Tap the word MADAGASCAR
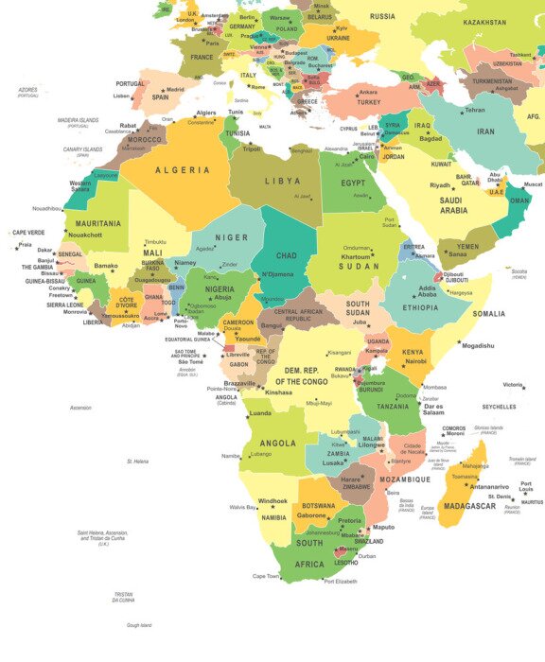470,506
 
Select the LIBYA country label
282,181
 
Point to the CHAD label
287,255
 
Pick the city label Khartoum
356,257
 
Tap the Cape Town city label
266,575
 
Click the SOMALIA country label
489,313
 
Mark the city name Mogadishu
478,346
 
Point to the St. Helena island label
138,462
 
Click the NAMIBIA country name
272,517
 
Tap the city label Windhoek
273,500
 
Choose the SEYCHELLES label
499,407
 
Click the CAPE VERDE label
28,232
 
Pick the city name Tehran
474,110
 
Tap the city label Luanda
259,413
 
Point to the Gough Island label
139,625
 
